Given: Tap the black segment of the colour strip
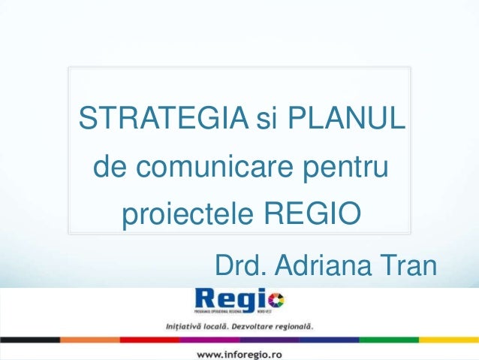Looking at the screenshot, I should pyautogui.click(x=30, y=340).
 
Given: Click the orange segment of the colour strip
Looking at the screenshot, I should pyautogui.click(x=89, y=340).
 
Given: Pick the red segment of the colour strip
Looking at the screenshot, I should pyautogui.click(x=149, y=340).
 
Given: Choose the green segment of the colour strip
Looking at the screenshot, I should pyautogui.click(x=389, y=340).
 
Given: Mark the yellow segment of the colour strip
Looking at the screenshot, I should pyautogui.click(x=448, y=340).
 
